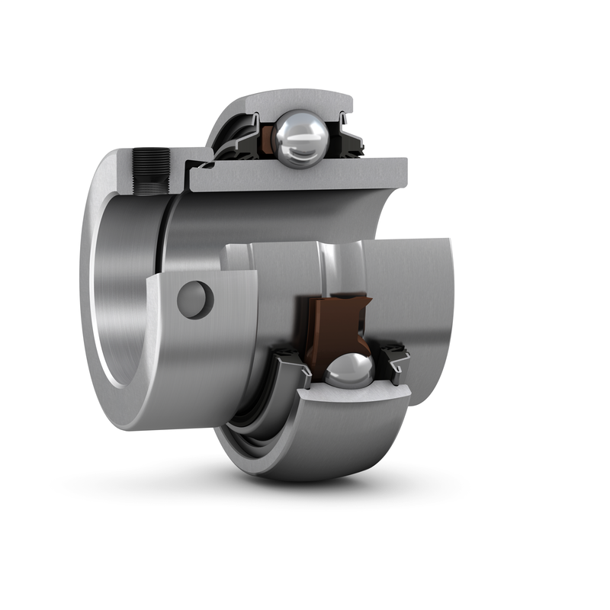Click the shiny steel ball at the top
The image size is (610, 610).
(x=303, y=138)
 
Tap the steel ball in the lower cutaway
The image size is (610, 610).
(x=350, y=371)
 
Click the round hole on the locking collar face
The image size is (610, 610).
(x=194, y=300)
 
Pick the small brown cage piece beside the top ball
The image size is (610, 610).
(x=268, y=138)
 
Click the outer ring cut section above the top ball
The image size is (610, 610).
(x=305, y=101)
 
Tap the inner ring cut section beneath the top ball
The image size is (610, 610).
(x=305, y=177)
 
